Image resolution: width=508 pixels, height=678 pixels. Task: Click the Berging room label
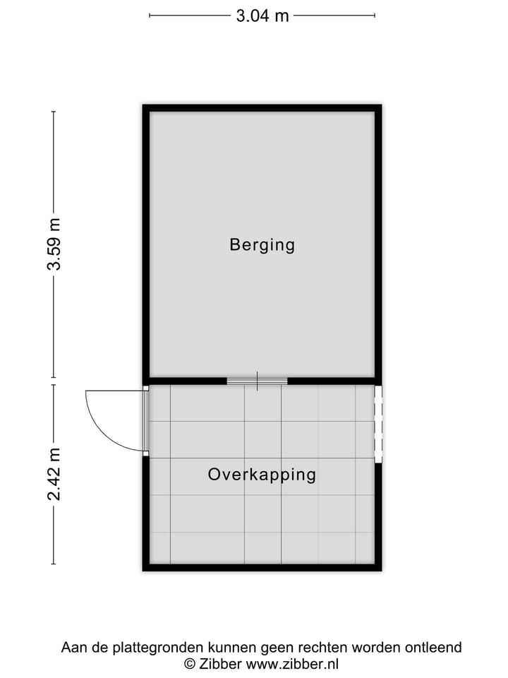pos(262,245)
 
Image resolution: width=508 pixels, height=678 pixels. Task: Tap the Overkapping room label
pos(262,475)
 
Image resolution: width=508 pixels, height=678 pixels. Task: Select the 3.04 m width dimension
pos(262,16)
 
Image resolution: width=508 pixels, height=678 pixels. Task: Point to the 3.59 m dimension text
pos(54,244)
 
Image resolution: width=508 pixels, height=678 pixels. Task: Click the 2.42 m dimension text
pos(54,474)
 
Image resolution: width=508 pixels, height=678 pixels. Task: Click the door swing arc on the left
pos(99,424)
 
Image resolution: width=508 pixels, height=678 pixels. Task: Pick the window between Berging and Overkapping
pos(258,381)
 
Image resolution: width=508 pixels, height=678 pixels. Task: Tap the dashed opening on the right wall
pos(378,424)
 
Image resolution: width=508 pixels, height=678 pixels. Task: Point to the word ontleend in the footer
pos(435,647)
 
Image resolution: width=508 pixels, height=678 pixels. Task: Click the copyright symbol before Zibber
pos(189,664)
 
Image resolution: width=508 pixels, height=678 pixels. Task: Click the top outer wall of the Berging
pos(262,108)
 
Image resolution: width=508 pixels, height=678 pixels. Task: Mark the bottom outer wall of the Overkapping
pos(262,567)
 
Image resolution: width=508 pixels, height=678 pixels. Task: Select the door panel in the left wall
pos(145,421)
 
